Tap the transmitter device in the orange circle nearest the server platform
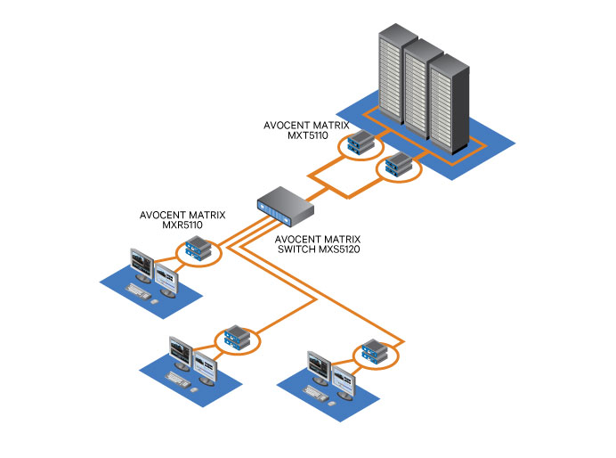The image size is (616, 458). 397,164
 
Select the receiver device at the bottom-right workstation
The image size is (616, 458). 372,351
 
